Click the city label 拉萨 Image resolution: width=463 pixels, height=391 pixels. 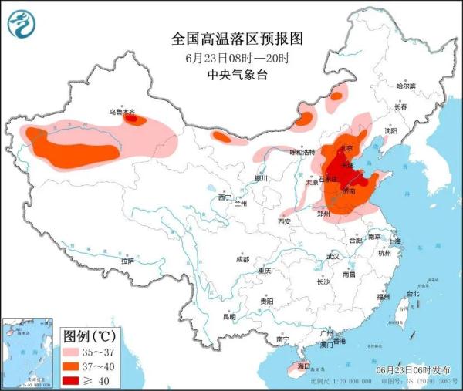[x=127, y=261]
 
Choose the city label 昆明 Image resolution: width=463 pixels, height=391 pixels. [x=229, y=316]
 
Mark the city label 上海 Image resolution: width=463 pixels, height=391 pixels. [x=394, y=241]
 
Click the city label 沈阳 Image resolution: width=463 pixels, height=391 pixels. [x=391, y=131]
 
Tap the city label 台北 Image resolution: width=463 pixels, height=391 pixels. [x=412, y=294]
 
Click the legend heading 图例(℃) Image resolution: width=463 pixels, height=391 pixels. [x=89, y=336]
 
